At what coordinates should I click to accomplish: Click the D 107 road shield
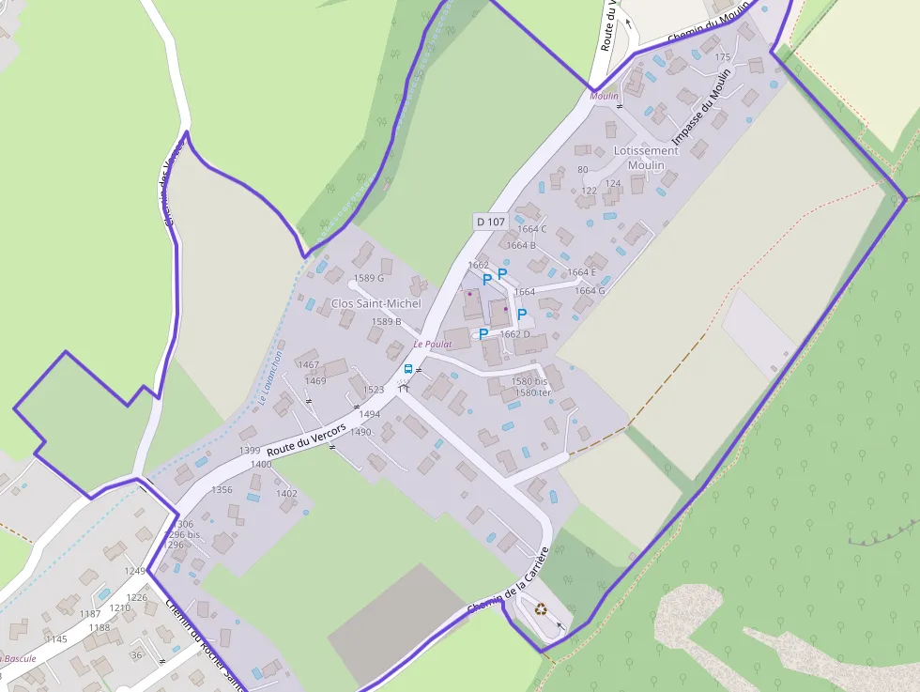pyautogui.click(x=490, y=223)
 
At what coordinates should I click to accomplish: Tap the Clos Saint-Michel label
pyautogui.click(x=376, y=303)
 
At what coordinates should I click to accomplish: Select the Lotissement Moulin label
pyautogui.click(x=645, y=158)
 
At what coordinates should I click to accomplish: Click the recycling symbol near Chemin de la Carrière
pyautogui.click(x=542, y=608)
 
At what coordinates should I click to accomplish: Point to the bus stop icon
pyautogui.click(x=408, y=369)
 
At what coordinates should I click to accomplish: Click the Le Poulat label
pyautogui.click(x=433, y=345)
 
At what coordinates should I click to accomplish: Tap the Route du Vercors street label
pyautogui.click(x=306, y=439)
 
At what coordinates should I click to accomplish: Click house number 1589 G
pyautogui.click(x=369, y=278)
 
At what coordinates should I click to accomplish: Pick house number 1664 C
pyautogui.click(x=531, y=229)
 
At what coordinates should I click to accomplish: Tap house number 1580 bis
pyautogui.click(x=530, y=381)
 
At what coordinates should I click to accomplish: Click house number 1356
pyautogui.click(x=222, y=490)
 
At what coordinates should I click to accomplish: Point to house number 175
pyautogui.click(x=722, y=58)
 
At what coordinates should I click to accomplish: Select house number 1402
pyautogui.click(x=286, y=494)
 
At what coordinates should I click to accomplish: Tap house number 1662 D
pyautogui.click(x=514, y=334)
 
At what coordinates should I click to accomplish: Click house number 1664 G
pyautogui.click(x=590, y=291)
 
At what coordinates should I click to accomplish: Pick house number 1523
pyautogui.click(x=374, y=390)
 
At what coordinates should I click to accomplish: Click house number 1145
pyautogui.click(x=56, y=639)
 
